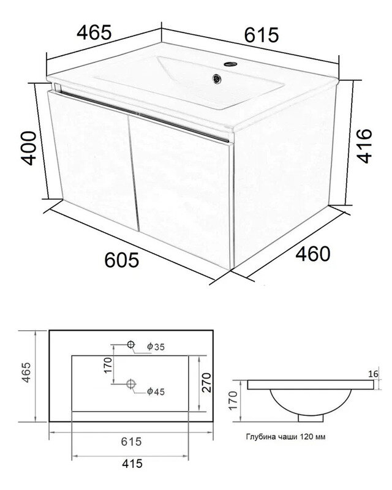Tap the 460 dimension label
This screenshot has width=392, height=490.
click(x=312, y=254)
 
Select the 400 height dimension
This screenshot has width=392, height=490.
click(x=28, y=148)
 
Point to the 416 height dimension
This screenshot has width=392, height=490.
click(x=364, y=146)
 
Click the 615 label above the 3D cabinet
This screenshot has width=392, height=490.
click(x=261, y=35)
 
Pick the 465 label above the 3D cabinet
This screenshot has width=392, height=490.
click(x=94, y=32)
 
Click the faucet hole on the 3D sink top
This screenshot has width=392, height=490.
click(x=230, y=64)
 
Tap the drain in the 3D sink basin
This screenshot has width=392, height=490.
click(x=217, y=78)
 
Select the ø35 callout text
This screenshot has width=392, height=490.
click(x=156, y=347)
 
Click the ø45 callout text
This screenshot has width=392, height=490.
click(x=156, y=391)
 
